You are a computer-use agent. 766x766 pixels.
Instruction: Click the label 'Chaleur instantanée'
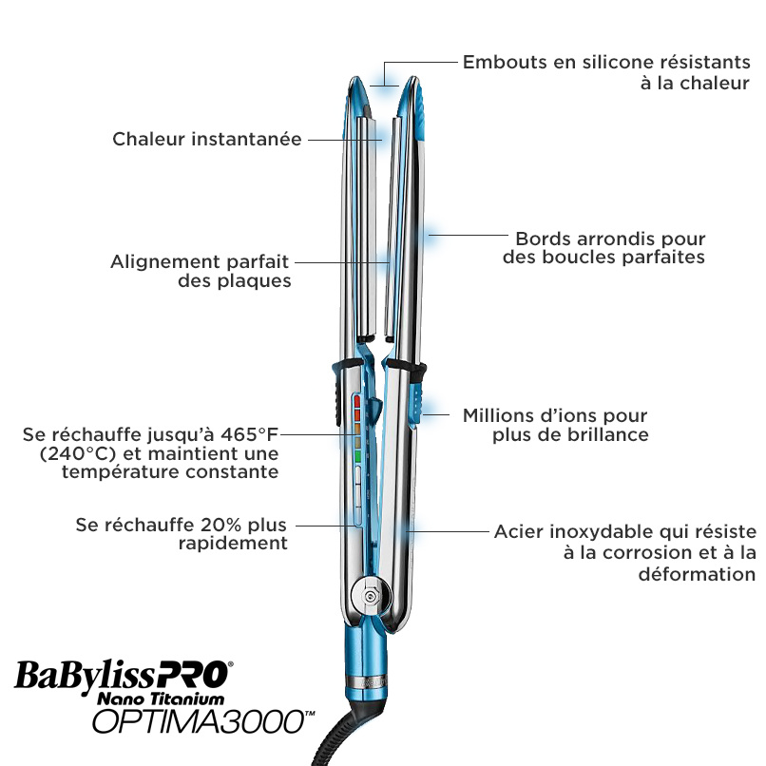click(x=206, y=139)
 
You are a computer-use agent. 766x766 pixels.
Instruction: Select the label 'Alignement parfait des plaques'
click(x=201, y=271)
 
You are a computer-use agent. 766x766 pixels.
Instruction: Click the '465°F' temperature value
click(x=249, y=434)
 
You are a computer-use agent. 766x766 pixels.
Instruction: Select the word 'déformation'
click(x=698, y=574)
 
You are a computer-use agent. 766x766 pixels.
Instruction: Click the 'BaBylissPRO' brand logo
click(x=124, y=677)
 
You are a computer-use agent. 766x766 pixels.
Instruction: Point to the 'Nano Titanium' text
click(x=161, y=699)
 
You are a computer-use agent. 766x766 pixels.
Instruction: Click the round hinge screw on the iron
click(x=370, y=596)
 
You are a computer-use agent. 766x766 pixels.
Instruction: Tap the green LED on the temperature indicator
click(x=357, y=457)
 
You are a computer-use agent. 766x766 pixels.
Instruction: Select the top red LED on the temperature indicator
click(x=357, y=402)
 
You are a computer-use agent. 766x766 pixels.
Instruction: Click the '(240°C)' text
click(x=78, y=454)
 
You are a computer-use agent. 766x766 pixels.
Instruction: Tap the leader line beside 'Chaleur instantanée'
click(x=345, y=140)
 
